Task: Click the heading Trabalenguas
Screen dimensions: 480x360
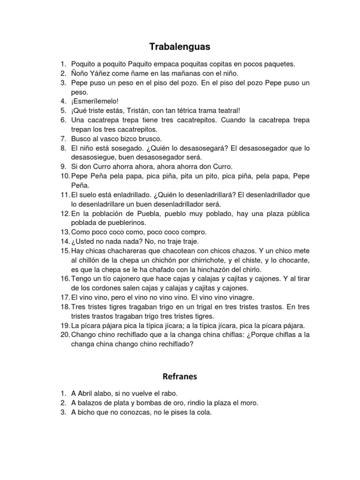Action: (x=180, y=47)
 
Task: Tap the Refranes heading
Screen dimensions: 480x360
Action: (x=180, y=376)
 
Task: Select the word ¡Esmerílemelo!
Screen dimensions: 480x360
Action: (x=91, y=101)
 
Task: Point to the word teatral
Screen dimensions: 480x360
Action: (x=226, y=111)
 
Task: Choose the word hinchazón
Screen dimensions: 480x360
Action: (x=209, y=270)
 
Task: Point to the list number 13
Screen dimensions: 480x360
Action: (x=64, y=232)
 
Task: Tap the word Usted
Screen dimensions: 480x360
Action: (x=87, y=241)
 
